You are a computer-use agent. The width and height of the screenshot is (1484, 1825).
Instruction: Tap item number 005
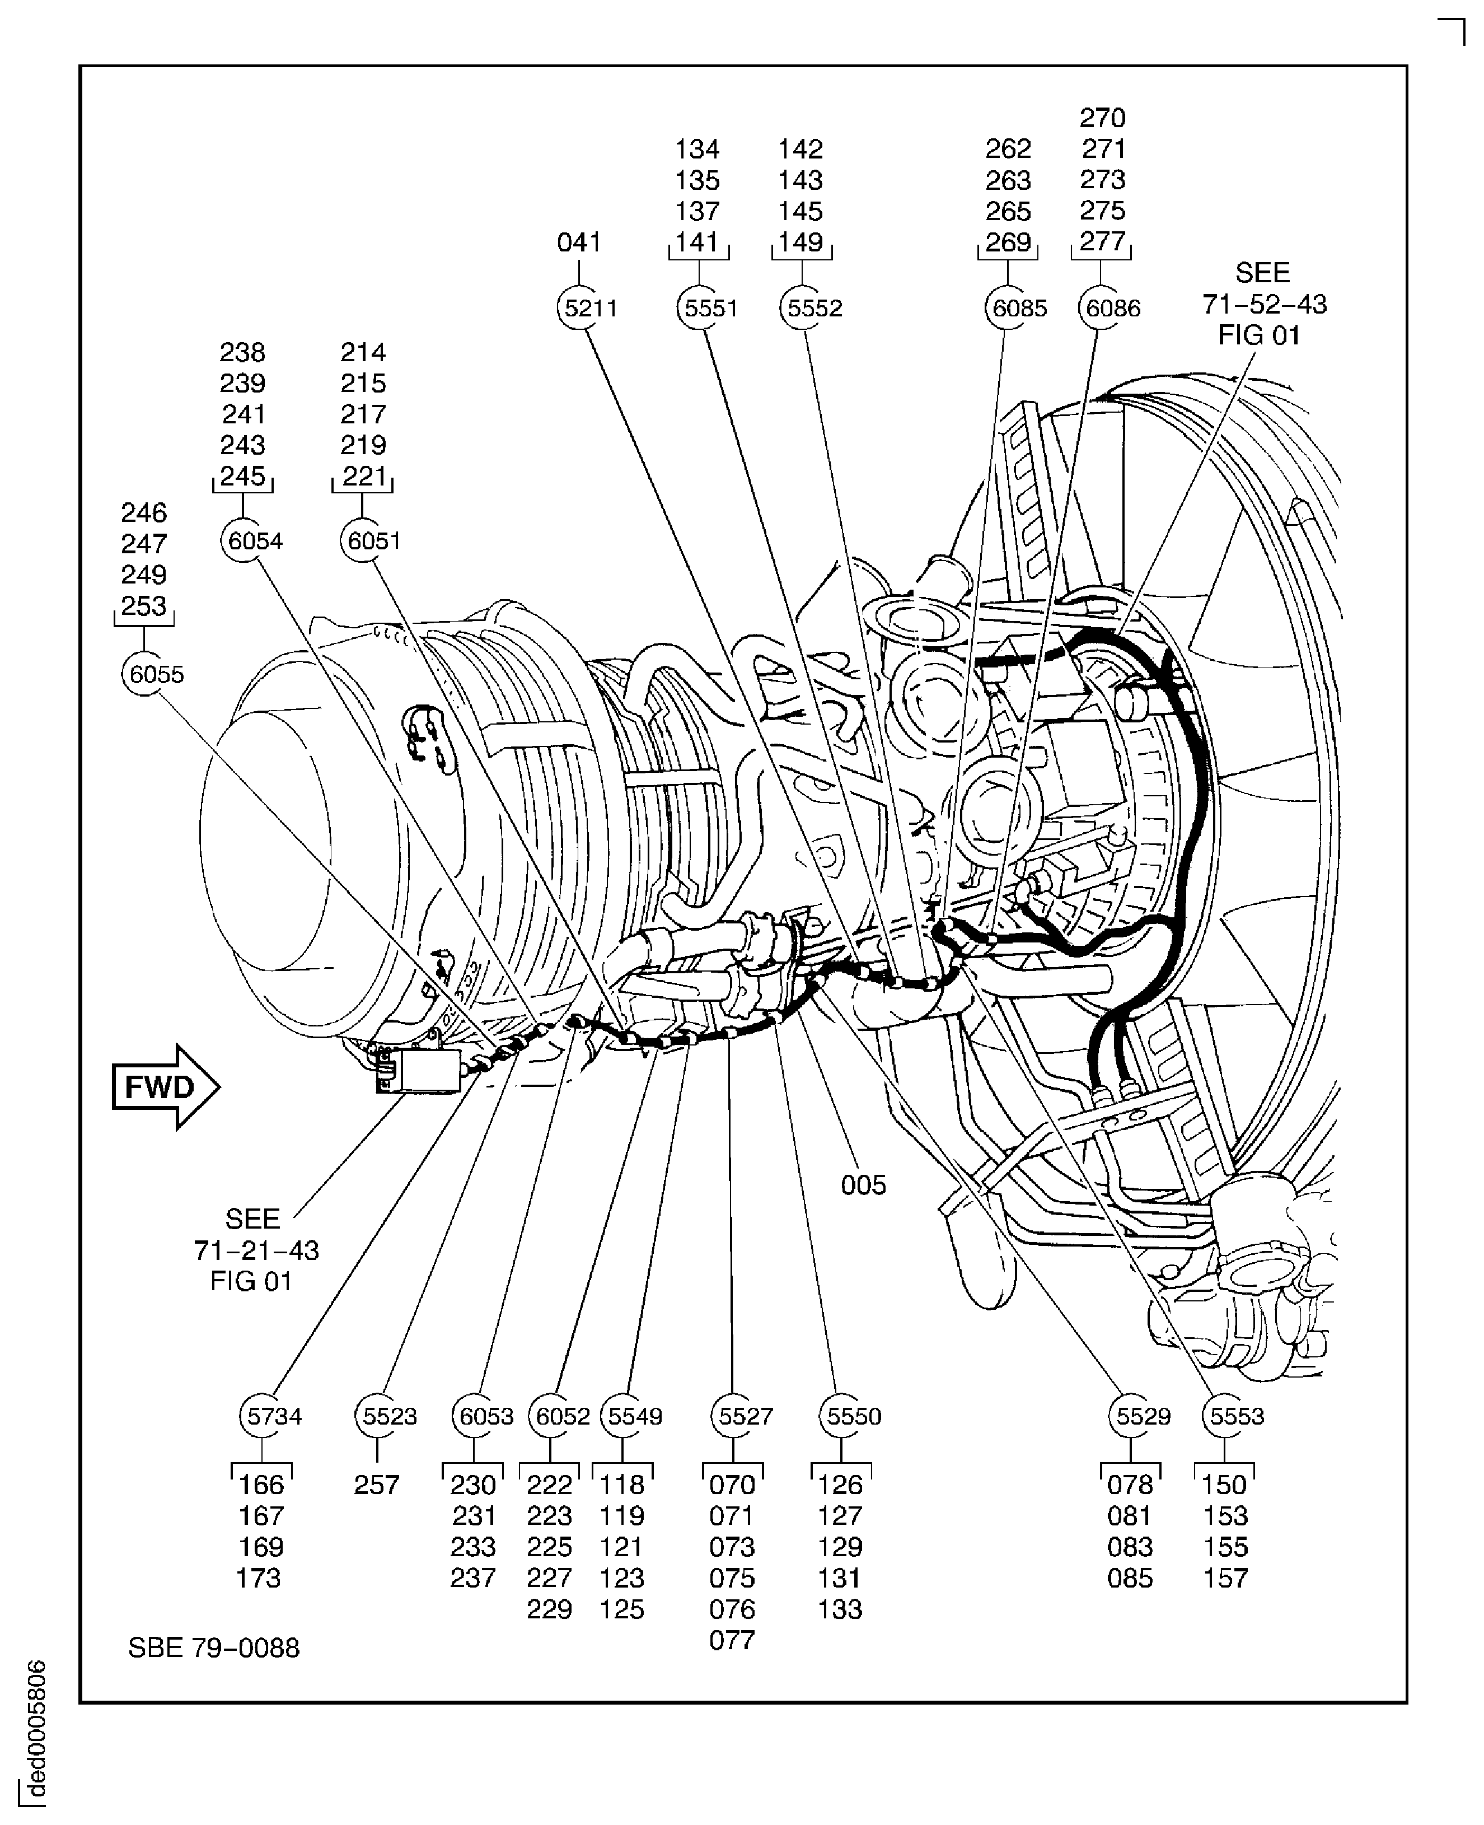[x=863, y=1185]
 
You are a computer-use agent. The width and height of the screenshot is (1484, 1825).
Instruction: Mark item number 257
[x=376, y=1485]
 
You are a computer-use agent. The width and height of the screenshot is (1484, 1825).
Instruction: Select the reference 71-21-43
[x=256, y=1250]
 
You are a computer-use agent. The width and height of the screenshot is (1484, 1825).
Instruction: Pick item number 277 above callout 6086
[x=1102, y=241]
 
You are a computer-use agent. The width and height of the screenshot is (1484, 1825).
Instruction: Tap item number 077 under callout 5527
[x=732, y=1640]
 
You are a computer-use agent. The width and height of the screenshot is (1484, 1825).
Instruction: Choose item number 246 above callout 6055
[x=144, y=512]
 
